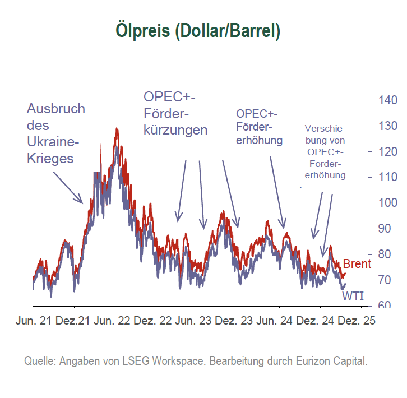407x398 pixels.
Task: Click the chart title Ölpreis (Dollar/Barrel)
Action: click(x=197, y=30)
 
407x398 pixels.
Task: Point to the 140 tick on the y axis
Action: click(x=385, y=100)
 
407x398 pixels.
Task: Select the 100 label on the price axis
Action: click(x=385, y=203)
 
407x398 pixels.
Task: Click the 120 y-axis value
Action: click(x=385, y=152)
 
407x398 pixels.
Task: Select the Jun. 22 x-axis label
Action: click(x=112, y=322)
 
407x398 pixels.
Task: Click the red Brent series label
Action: click(x=357, y=263)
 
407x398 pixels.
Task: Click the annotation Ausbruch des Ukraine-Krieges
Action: click(x=55, y=133)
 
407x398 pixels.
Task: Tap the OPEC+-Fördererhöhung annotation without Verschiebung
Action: click(x=259, y=126)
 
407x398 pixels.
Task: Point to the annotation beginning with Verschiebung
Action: click(x=326, y=151)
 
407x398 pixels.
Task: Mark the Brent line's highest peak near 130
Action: click(x=117, y=129)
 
